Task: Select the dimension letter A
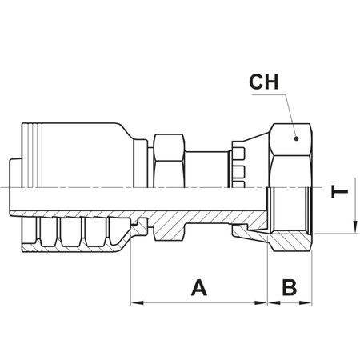point(197,286)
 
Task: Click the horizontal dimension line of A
point(200,304)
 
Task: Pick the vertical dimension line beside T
point(352,204)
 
